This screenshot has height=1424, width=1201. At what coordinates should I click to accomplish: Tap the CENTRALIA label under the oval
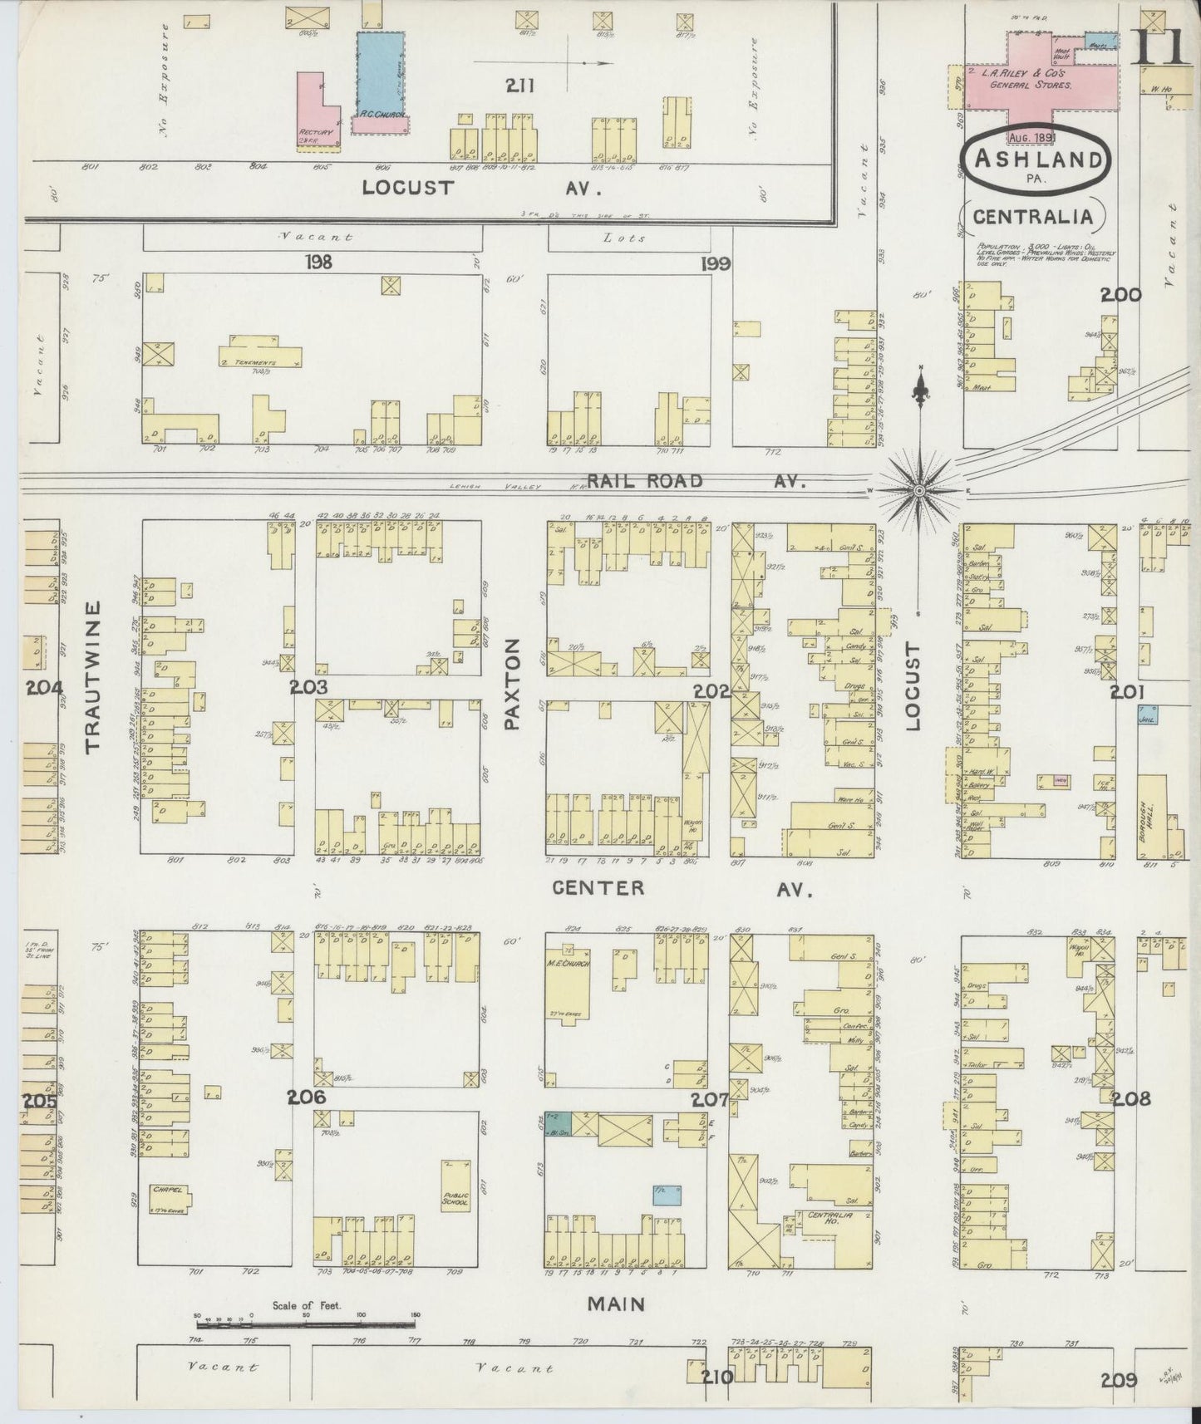1032,217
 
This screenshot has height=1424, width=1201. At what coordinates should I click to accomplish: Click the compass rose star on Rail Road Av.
919,490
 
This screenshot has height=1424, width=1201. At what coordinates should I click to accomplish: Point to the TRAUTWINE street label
93,677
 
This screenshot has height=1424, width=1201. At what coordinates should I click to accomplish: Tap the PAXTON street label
511,684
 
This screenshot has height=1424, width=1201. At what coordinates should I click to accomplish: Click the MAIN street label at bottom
617,1304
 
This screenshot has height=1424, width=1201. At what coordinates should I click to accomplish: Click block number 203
309,687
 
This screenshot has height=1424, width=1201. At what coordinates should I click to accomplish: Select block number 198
318,263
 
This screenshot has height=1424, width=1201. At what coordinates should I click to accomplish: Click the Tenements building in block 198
259,356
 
